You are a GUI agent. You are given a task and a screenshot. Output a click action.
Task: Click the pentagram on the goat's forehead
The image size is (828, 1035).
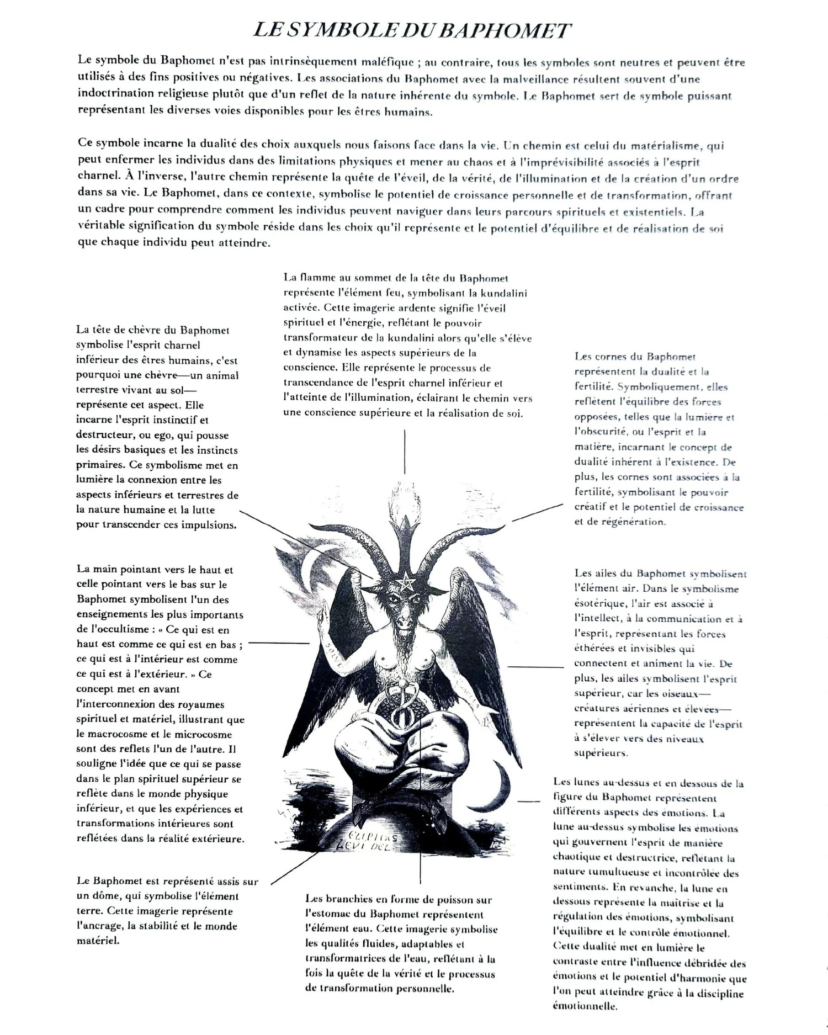click(x=406, y=580)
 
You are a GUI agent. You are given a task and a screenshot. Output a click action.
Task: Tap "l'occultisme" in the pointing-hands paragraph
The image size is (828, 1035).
click(x=117, y=629)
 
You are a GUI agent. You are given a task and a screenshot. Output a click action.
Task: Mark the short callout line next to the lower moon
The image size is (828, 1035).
click(x=529, y=800)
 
